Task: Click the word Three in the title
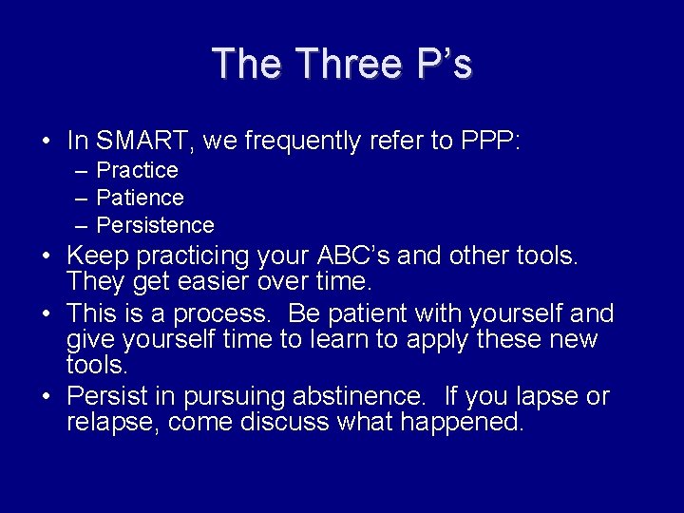point(347,65)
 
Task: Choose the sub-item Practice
point(138,170)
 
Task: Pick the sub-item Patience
point(141,198)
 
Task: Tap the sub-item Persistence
point(156,225)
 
